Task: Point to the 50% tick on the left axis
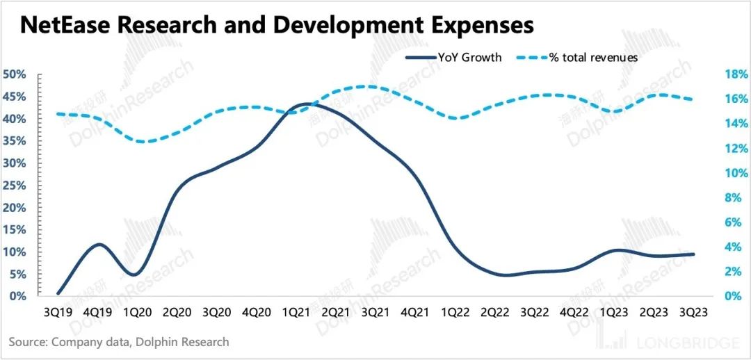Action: click(15, 75)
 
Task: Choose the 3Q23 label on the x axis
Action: click(693, 312)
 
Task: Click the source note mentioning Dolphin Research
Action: click(119, 342)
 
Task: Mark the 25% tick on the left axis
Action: click(15, 186)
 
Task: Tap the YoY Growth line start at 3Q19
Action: click(58, 293)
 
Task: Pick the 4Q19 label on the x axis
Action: click(99, 312)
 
